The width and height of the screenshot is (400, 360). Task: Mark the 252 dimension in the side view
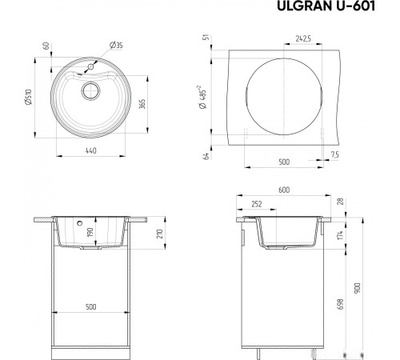[x=256, y=204]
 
